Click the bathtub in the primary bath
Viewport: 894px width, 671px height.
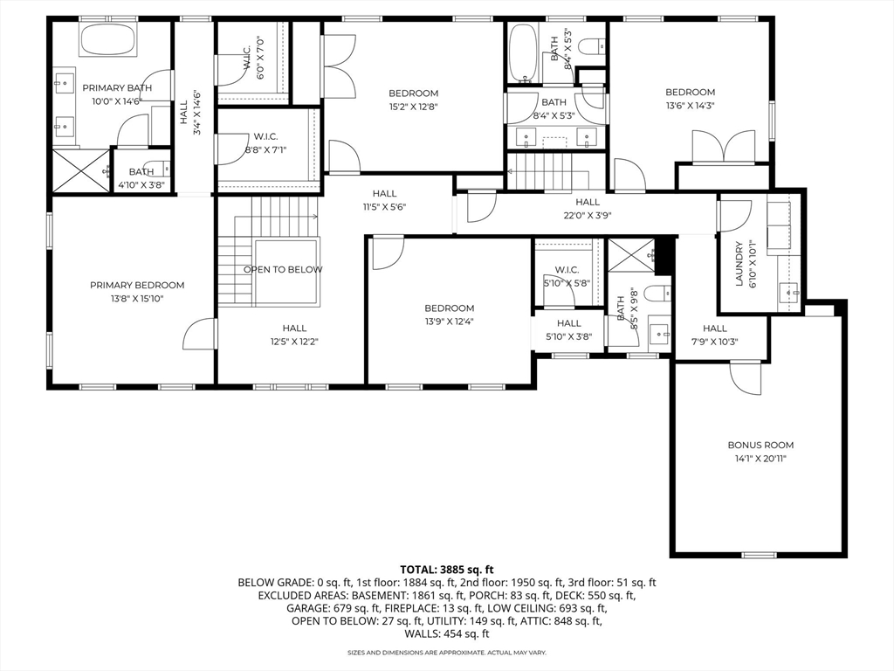(x=107, y=40)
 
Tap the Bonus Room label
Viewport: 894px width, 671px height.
(x=760, y=445)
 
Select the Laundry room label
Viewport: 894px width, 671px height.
(x=739, y=264)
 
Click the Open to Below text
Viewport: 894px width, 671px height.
(x=283, y=270)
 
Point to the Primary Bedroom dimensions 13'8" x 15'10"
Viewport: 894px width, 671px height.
(x=137, y=299)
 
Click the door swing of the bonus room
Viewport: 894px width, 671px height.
(x=746, y=378)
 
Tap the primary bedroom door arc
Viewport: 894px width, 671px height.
(x=199, y=334)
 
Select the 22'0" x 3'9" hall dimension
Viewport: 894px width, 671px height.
(x=588, y=216)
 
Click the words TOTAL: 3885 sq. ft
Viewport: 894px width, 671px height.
(x=446, y=570)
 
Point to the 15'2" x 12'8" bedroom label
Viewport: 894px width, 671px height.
(x=413, y=100)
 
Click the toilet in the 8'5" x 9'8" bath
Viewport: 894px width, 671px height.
(x=658, y=293)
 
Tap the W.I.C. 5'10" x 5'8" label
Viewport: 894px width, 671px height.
(x=566, y=276)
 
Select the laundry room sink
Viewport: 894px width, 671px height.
(x=789, y=293)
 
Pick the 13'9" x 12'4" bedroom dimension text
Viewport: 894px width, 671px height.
(x=449, y=322)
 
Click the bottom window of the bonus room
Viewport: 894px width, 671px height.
(x=759, y=555)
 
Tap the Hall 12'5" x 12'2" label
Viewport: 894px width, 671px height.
(x=294, y=335)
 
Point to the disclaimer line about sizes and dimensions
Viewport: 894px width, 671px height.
(x=447, y=652)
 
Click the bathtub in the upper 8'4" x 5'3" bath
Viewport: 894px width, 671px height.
(x=521, y=52)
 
